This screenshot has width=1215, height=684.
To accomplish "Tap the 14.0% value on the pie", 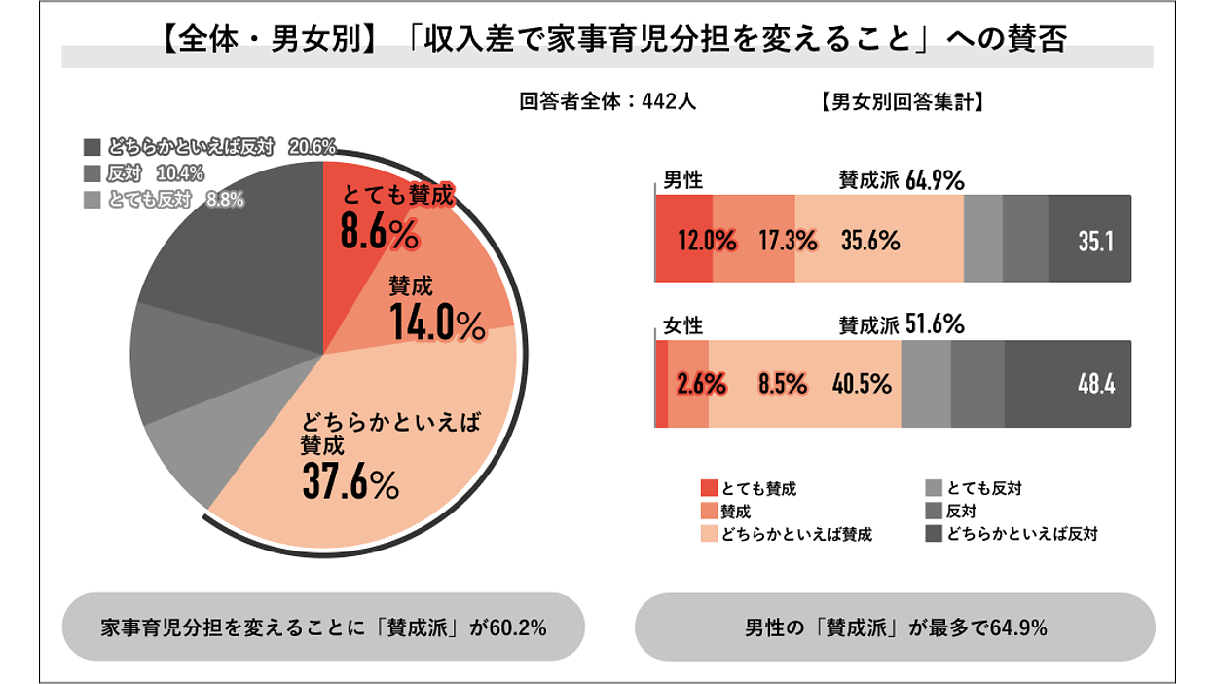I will tap(437, 323).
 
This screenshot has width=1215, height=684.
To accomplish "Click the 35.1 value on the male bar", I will tap(1095, 242).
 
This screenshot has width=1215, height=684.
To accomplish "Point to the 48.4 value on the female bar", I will tap(1096, 385).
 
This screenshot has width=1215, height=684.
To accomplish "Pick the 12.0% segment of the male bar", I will tap(707, 241).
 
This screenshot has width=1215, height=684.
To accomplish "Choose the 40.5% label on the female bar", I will tap(862, 385).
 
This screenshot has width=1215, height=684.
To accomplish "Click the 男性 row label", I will tap(682, 180).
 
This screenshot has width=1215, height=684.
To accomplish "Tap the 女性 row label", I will tap(682, 325).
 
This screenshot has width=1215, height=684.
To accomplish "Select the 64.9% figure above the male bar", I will tap(935, 180).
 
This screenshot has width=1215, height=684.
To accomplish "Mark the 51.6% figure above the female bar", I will tap(935, 324).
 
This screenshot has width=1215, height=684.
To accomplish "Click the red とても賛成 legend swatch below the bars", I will tap(709, 488).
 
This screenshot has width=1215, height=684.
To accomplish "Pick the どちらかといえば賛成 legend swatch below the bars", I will tap(709, 534).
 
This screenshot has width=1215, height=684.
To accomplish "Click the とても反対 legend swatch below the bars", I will tap(933, 488).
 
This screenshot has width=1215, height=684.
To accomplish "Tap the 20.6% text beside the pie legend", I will tap(313, 148).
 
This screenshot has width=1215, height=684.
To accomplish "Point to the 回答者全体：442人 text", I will tap(607, 101).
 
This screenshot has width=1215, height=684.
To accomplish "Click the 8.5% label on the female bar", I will tap(782, 385).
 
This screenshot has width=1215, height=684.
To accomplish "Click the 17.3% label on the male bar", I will tap(788, 241).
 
